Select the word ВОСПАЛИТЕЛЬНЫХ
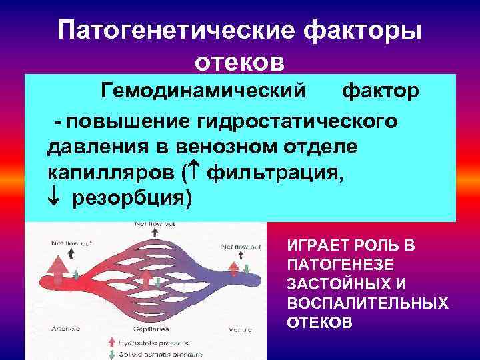(x=367, y=303)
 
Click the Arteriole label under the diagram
(x=65, y=329)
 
